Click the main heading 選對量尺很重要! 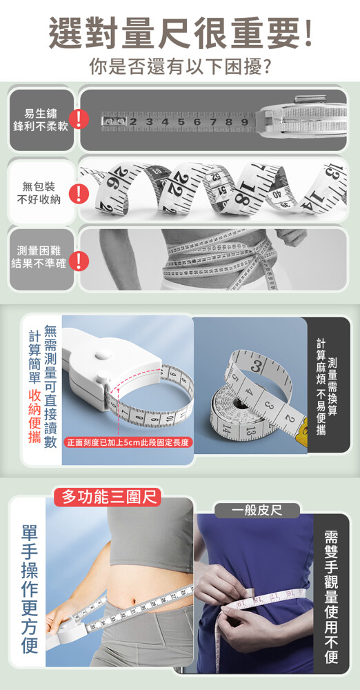[180, 33]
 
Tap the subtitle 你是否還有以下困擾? [179, 67]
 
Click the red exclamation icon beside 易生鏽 [79, 119]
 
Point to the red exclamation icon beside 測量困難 [79, 262]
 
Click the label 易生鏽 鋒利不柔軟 [41, 119]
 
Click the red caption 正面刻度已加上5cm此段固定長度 [128, 442]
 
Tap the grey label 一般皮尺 [257, 511]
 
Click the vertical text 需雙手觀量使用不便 [332, 597]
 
